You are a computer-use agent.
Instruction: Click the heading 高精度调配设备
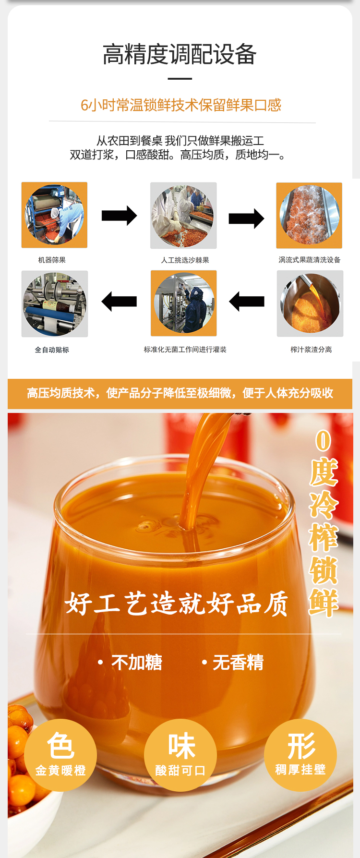180,54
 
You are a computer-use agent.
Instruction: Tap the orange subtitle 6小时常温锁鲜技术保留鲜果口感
180,105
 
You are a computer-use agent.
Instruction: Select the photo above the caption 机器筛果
54,215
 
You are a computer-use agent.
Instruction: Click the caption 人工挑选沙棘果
185,260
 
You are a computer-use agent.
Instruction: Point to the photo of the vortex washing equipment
309,216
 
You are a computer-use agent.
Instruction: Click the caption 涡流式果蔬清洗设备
310,260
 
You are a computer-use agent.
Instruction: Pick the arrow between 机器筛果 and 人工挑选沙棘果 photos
119,216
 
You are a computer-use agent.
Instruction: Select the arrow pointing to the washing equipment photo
246,219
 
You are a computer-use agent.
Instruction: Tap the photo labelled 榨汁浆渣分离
310,303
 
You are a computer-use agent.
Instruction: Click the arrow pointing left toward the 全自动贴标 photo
119,302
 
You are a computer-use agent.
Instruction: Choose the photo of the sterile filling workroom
184,303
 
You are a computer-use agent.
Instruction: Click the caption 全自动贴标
52,350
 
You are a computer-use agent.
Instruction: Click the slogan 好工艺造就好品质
176,604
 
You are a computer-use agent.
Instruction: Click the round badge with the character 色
60,755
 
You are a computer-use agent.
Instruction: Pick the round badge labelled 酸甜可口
180,755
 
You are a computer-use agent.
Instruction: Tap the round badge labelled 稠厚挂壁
300,755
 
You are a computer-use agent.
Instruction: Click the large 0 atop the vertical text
324,440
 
